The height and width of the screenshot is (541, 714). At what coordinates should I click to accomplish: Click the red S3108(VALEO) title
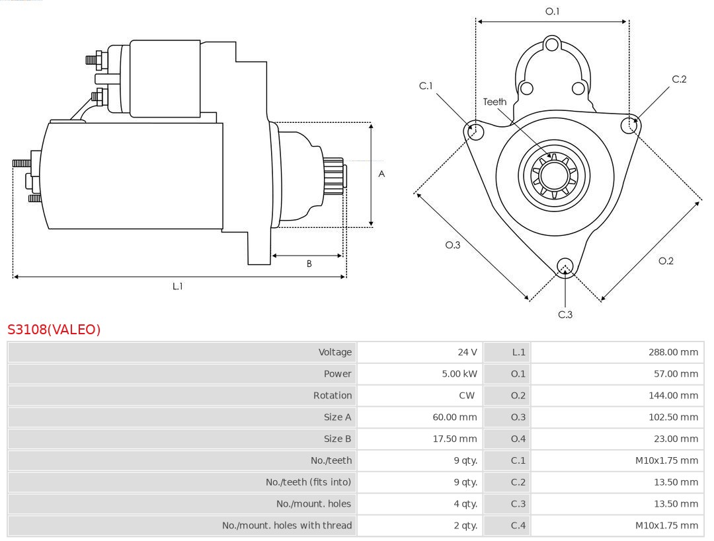(x=54, y=330)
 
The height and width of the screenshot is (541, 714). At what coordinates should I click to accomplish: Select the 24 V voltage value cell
(x=467, y=352)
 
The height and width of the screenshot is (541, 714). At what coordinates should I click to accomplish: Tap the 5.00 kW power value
(x=459, y=374)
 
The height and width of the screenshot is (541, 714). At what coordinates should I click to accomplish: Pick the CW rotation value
(x=467, y=396)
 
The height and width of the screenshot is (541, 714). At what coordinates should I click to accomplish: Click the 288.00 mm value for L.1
(x=673, y=352)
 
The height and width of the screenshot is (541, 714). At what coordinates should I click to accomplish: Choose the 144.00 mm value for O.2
(x=673, y=396)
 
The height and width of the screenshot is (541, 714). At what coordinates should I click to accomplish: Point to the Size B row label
(x=337, y=439)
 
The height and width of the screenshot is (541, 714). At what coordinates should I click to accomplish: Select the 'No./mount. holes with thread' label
(x=287, y=526)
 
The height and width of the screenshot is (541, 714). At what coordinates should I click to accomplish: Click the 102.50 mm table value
(x=673, y=417)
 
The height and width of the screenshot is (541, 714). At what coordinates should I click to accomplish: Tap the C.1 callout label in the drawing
(x=426, y=86)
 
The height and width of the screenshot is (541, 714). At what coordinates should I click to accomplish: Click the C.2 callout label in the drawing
(x=679, y=79)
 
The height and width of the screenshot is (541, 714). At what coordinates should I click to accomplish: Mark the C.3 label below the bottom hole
(x=565, y=314)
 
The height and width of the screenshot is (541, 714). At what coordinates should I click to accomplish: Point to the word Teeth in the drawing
(x=495, y=102)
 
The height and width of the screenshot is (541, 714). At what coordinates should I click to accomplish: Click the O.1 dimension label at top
(x=552, y=11)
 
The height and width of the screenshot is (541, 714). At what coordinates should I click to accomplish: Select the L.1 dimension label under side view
(x=177, y=286)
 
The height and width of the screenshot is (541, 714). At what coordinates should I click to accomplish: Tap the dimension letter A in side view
(x=381, y=174)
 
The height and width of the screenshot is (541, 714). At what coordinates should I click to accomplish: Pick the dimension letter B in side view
(x=309, y=264)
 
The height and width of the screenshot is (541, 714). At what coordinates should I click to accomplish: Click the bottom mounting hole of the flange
(x=565, y=266)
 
